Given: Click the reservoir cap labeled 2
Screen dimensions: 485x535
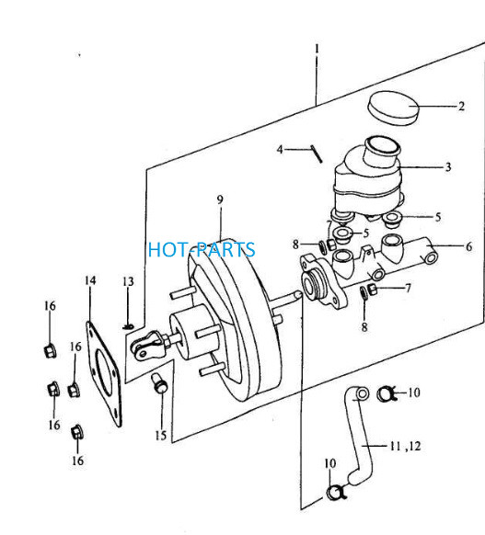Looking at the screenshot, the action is tap(393, 108).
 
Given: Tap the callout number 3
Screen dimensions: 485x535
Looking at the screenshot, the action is tap(448, 167).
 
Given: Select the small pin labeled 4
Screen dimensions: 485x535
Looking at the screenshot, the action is tap(317, 154).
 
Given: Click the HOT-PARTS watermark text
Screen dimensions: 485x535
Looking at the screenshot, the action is tap(202, 249).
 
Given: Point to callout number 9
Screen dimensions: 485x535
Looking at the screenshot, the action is tap(220, 199).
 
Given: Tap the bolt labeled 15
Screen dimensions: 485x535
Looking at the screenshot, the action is tap(159, 383).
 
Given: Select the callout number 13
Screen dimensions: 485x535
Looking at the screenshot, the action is tap(128, 282).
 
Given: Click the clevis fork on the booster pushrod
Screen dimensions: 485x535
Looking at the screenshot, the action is tap(147, 346).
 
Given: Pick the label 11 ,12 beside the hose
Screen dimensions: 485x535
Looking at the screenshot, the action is tap(405, 446).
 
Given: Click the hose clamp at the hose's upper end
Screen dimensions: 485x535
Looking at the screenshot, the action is tap(386, 394).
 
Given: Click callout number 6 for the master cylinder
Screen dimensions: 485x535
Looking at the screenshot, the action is tap(469, 246).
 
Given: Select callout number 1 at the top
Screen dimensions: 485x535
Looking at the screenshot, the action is tap(317, 49).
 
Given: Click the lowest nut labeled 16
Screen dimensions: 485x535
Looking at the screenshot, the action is tap(77, 433).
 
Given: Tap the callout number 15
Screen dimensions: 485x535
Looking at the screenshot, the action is tap(160, 436).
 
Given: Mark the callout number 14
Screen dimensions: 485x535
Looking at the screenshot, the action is tap(90, 280).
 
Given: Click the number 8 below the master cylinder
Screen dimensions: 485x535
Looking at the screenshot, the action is tap(364, 327).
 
